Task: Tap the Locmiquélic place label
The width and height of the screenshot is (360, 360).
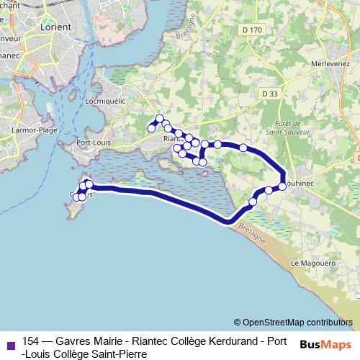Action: coord(105,101)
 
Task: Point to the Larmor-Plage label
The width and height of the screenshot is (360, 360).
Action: coord(34,130)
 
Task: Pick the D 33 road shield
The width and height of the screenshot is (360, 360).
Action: coord(270,94)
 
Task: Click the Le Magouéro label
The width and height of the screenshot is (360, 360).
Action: coord(313,264)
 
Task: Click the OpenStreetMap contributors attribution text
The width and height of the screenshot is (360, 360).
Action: coord(293,322)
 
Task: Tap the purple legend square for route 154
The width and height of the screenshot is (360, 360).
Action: coord(10,344)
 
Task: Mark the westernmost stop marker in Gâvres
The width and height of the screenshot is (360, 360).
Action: coord(76,197)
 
